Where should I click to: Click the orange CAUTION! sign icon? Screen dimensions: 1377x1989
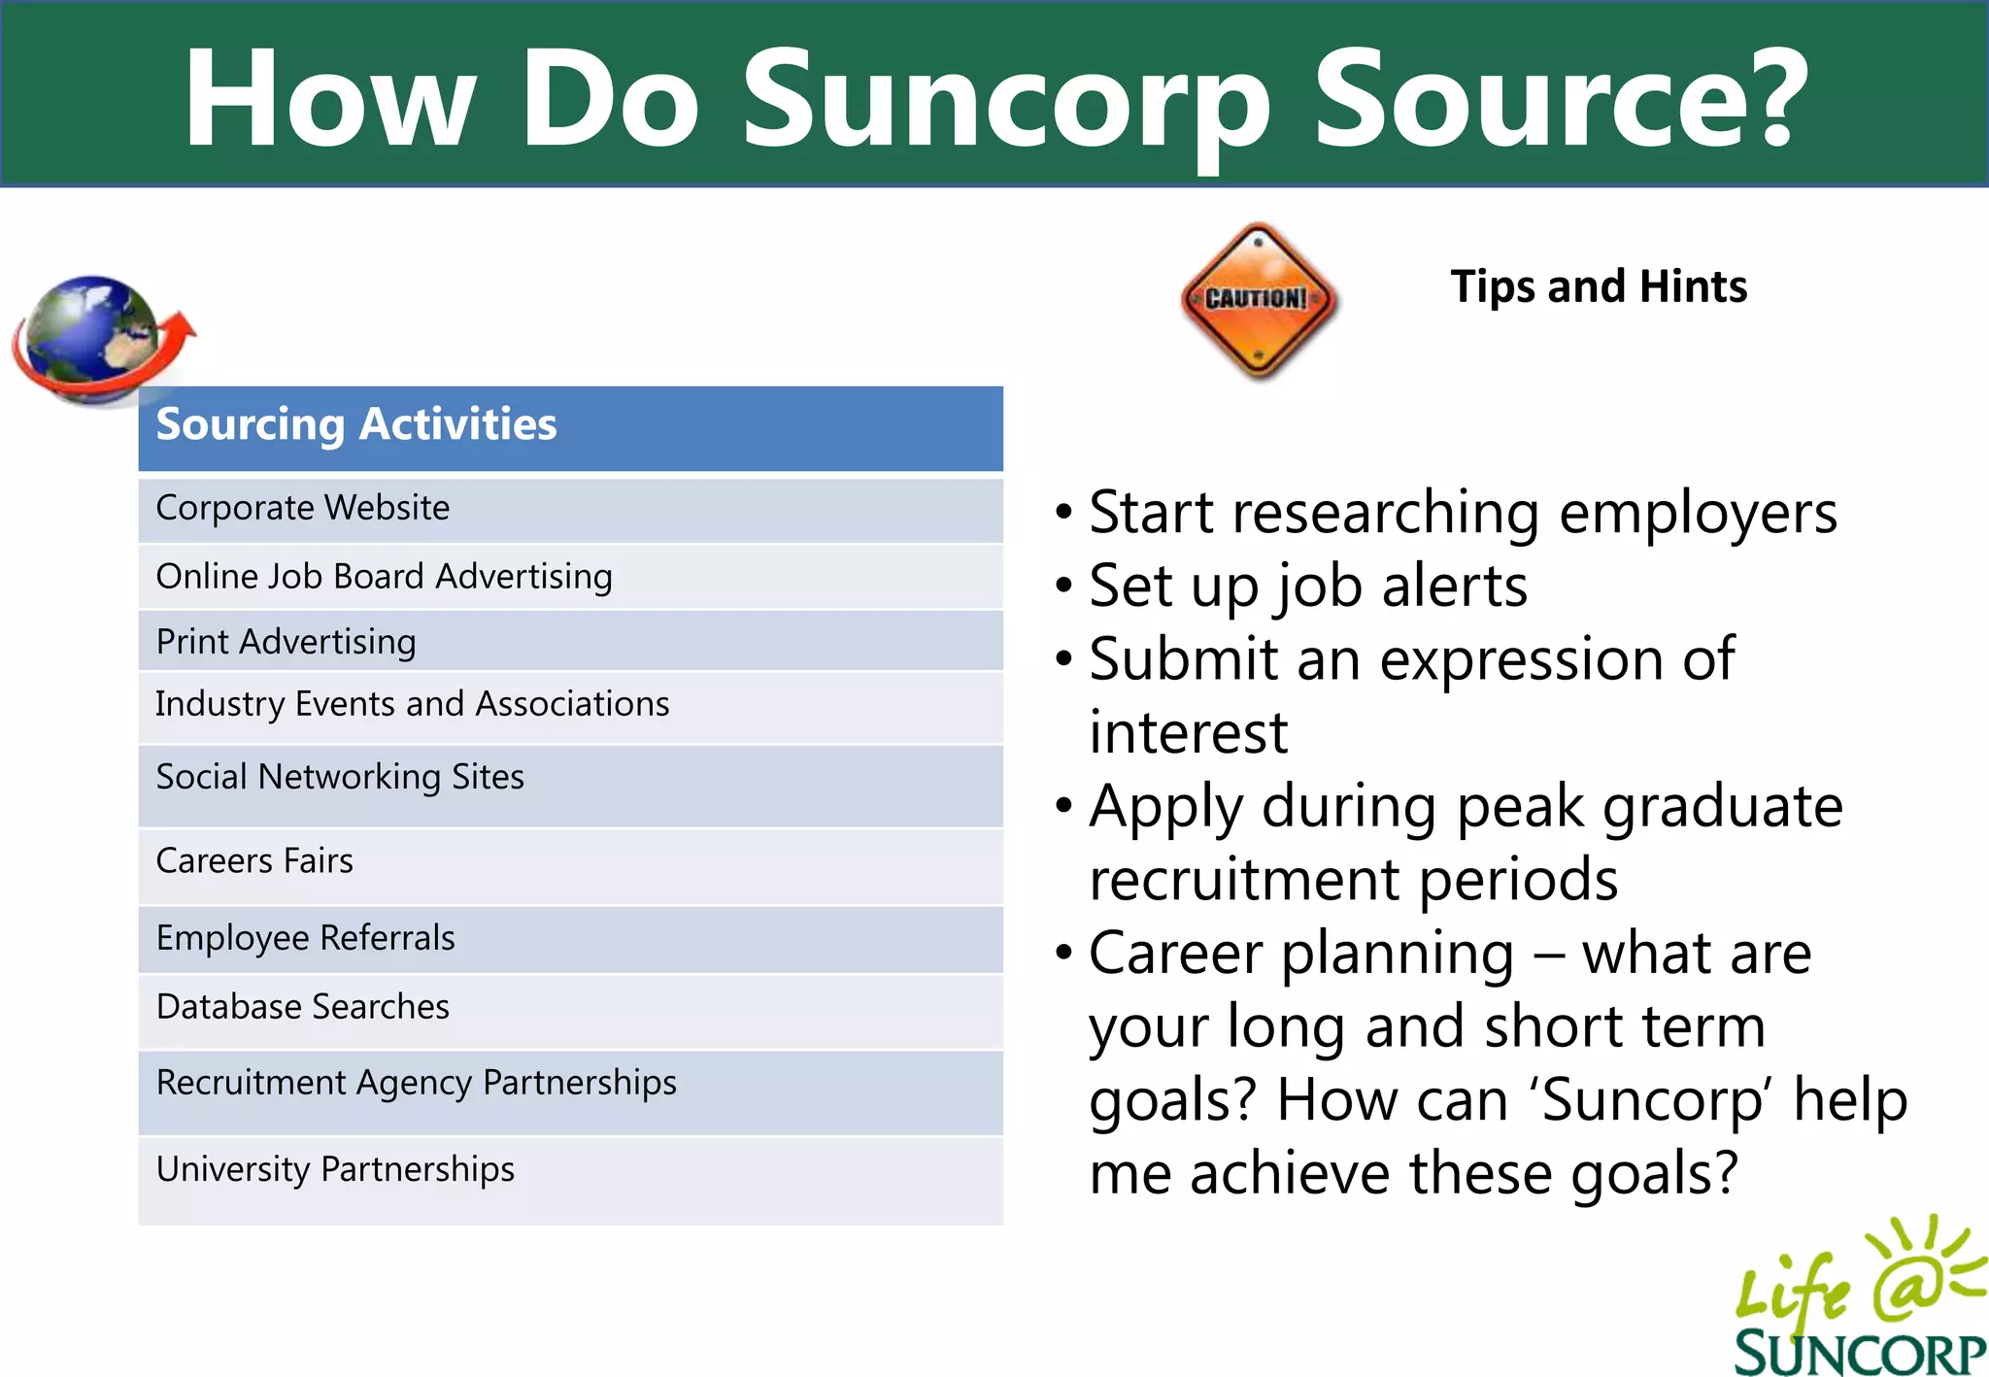(1258, 299)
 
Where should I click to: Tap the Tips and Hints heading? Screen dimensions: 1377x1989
(1599, 286)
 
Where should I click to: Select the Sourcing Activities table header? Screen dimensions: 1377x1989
(569, 427)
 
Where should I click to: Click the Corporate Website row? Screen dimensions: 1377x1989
(569, 509)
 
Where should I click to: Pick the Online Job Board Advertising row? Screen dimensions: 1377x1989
(569, 577)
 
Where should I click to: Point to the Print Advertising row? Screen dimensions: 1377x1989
(569, 642)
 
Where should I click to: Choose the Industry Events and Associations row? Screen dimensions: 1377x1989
(569, 706)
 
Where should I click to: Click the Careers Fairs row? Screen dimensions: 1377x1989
(569, 863)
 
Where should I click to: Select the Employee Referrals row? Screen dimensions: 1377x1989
(569, 939)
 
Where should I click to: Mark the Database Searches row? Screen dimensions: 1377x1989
(569, 1009)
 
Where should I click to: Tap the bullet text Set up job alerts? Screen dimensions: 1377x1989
(1307, 587)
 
